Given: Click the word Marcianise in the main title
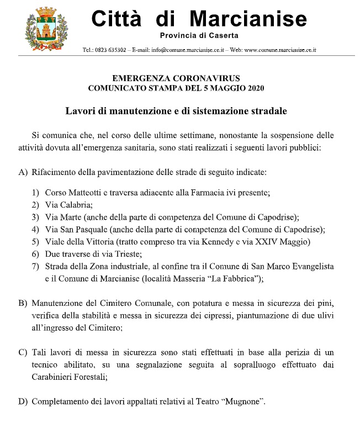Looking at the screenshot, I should click(248, 20).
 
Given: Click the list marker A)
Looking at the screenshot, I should click(23, 172).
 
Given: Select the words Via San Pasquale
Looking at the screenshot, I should click(76, 229).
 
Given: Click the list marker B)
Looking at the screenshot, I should click(23, 304).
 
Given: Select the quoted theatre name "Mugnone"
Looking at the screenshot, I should click(242, 401).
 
